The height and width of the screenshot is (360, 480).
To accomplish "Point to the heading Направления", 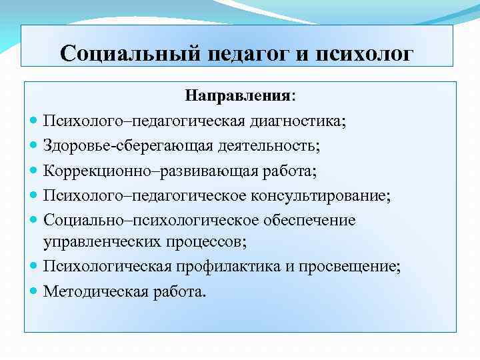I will click(x=239, y=95).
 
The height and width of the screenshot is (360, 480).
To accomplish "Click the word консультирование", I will click(x=319, y=195).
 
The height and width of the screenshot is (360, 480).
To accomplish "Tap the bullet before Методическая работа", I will click(x=34, y=291).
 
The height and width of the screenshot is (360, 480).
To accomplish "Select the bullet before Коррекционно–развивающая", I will click(x=34, y=171).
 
